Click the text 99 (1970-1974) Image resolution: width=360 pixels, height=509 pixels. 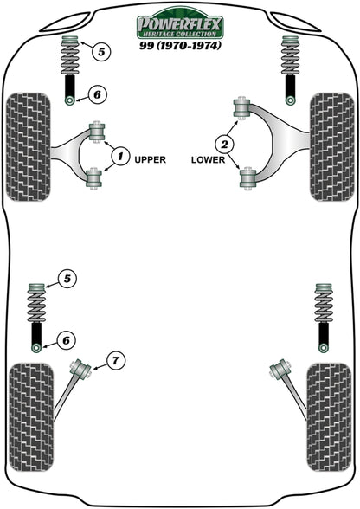(x=179, y=45)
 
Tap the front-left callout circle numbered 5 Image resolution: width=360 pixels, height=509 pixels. (x=101, y=52)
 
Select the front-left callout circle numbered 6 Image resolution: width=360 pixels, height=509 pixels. (x=96, y=94)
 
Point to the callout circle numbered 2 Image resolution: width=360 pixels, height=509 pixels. (x=228, y=144)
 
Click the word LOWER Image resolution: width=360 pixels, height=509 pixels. (x=209, y=159)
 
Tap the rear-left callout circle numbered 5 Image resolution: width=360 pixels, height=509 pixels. (x=66, y=279)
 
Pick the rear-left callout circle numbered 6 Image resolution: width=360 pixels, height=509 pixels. (x=66, y=340)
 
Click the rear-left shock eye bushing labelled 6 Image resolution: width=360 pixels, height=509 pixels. (x=36, y=347)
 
